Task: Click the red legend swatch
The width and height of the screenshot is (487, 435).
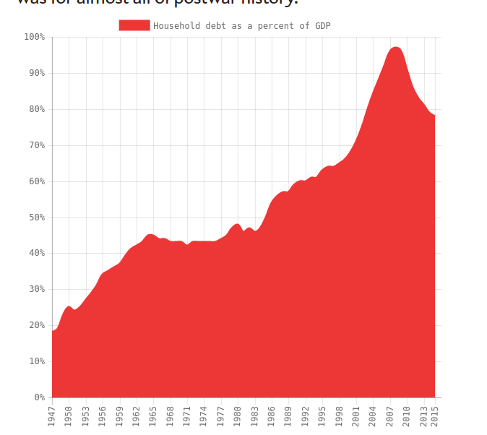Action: point(134,25)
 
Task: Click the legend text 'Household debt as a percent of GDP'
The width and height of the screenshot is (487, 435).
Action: point(241,26)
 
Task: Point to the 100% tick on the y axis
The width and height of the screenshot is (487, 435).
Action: point(34,37)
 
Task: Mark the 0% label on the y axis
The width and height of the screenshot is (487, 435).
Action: point(39,397)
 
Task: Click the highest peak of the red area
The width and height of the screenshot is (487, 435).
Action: point(395,48)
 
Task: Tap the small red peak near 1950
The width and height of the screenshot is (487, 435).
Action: point(69,307)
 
